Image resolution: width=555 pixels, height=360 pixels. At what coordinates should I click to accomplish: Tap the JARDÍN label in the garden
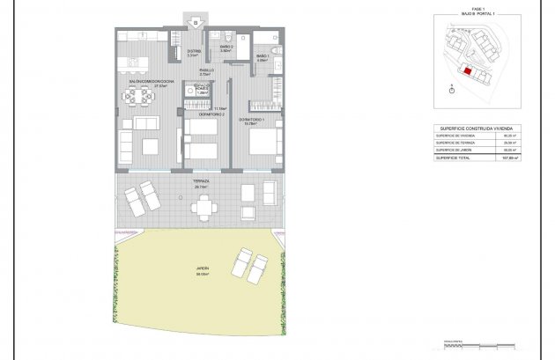203,270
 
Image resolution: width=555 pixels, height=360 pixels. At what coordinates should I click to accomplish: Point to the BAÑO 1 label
263,56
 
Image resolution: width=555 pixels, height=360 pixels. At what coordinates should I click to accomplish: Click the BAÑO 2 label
226,47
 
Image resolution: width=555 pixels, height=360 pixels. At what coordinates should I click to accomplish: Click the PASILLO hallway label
205,70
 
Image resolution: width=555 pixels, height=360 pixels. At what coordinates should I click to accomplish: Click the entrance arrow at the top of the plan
196,18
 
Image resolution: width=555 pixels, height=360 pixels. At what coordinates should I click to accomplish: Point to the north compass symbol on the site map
452,87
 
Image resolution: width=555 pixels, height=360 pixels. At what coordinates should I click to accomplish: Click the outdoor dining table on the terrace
205,207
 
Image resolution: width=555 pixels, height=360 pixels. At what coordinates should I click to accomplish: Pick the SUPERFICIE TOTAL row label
456,158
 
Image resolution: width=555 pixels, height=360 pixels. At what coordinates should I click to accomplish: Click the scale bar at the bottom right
467,345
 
